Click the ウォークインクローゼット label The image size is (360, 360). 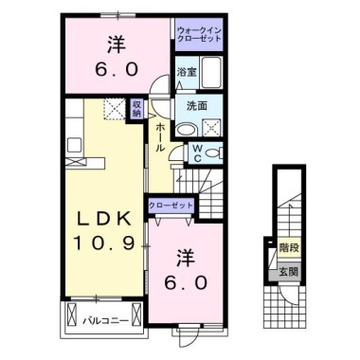pos(198,35)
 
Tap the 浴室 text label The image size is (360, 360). pos(186,72)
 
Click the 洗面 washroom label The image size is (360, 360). pos(197,106)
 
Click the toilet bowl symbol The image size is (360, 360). pos(214,152)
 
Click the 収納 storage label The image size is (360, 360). pos(136,109)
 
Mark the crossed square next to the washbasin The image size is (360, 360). pos(213,130)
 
